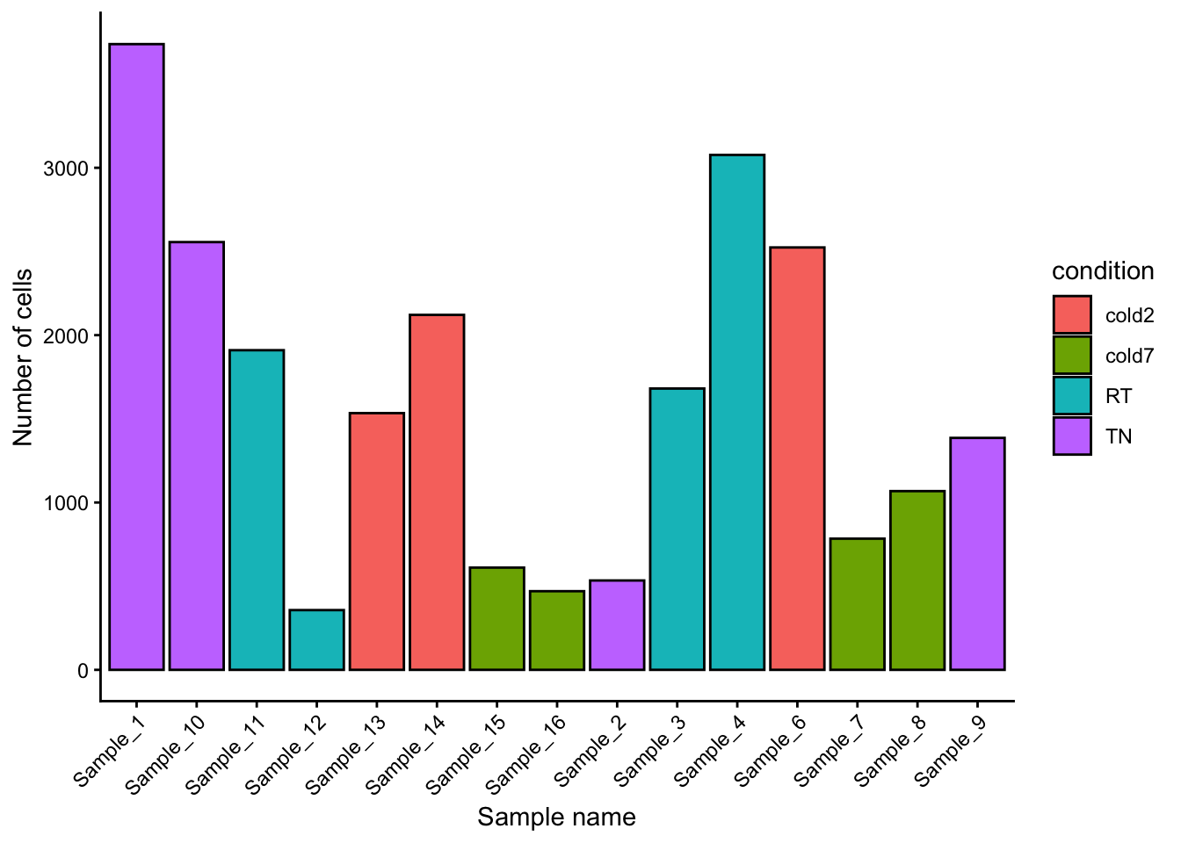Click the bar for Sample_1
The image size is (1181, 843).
(x=136, y=357)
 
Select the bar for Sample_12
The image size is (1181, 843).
(x=316, y=639)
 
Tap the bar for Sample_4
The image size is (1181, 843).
(x=737, y=412)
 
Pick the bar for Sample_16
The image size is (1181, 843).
(x=557, y=630)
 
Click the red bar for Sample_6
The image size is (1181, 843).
(x=797, y=458)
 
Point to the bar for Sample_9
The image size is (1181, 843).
(x=977, y=553)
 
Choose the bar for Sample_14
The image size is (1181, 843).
(x=437, y=492)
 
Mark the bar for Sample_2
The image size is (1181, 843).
(x=617, y=624)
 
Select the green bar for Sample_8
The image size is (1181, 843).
(x=917, y=580)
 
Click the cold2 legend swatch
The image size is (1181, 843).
(x=1072, y=314)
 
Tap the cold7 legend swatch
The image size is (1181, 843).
(x=1072, y=356)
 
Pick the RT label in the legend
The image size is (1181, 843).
(x=1119, y=396)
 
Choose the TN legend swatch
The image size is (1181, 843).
(x=1072, y=436)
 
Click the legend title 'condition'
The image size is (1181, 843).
(x=1103, y=271)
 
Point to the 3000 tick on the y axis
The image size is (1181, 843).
(x=66, y=169)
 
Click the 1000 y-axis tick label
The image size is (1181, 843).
(x=66, y=503)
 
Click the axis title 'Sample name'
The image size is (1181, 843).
(x=556, y=818)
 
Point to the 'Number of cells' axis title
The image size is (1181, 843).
(x=24, y=357)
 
